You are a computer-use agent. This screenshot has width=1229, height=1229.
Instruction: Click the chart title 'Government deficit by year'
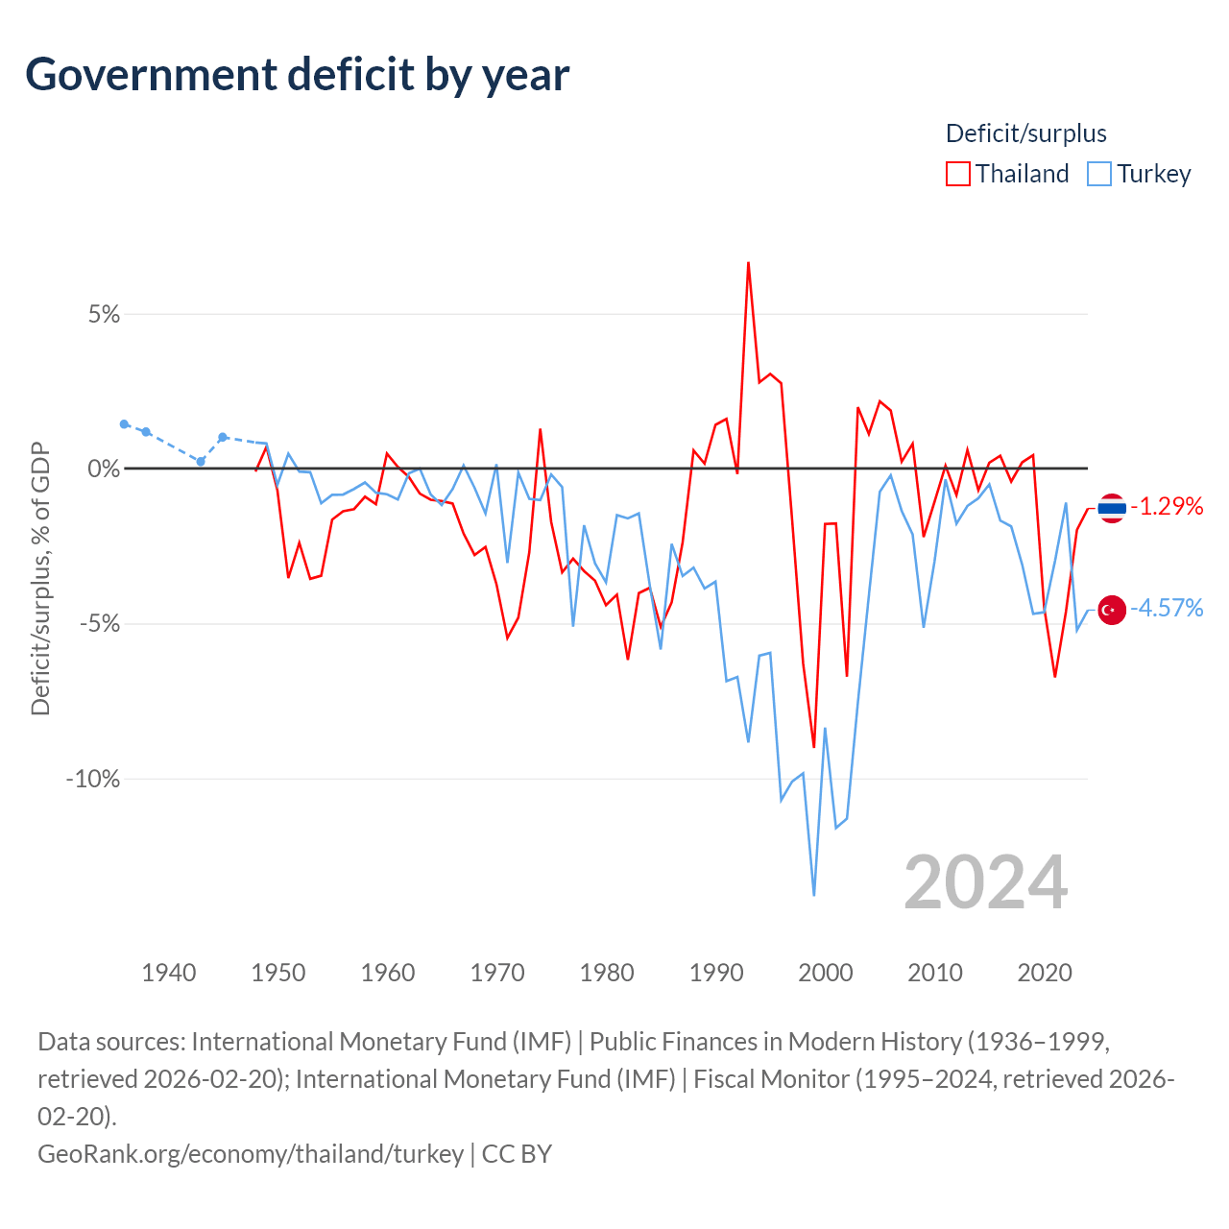tap(297, 75)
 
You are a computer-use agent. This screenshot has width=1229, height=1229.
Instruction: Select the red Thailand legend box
tap(957, 174)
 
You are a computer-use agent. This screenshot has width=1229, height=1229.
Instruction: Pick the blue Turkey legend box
tap(1098, 174)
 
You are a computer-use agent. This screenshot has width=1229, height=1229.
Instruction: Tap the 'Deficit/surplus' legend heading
tap(1025, 133)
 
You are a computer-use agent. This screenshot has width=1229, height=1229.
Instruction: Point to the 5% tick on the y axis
tap(104, 314)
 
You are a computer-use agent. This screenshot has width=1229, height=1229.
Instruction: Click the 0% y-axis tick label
tap(104, 469)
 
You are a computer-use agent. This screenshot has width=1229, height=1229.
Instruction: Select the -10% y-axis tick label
tap(93, 779)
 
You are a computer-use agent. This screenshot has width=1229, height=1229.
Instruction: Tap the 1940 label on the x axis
tap(168, 973)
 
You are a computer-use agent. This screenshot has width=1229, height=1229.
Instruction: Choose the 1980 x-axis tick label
tap(607, 973)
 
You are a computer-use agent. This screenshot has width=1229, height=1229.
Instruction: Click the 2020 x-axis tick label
tap(1045, 973)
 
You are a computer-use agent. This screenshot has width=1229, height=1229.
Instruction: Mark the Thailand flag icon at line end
tap(1112, 508)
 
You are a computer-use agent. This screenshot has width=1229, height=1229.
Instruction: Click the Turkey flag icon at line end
tap(1112, 611)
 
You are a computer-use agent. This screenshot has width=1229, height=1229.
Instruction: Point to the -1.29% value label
tap(1167, 506)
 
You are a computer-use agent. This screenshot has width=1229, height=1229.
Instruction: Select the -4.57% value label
tap(1167, 609)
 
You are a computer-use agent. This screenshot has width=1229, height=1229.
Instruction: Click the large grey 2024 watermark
tap(985, 882)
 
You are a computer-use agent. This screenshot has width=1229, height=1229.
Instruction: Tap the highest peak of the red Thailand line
tap(748, 263)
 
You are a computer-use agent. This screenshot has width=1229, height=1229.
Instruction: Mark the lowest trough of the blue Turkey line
tap(814, 895)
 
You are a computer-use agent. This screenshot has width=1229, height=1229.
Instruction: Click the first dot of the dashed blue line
tap(125, 424)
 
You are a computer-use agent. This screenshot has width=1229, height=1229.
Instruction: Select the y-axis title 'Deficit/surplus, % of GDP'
tap(41, 578)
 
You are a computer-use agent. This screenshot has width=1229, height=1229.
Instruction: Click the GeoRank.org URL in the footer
tap(251, 1154)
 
